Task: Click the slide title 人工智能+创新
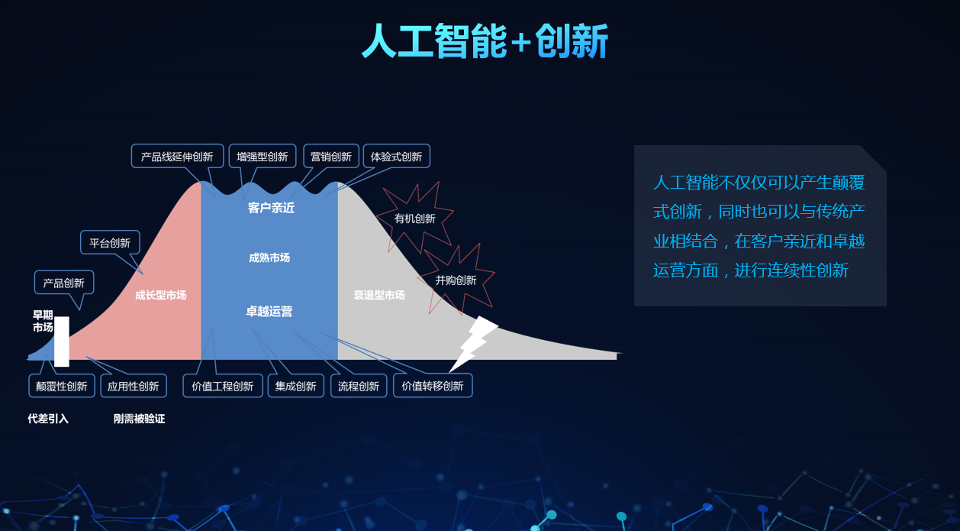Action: point(485,40)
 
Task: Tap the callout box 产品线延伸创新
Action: point(178,156)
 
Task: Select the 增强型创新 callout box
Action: point(263,156)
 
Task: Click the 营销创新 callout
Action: point(331,156)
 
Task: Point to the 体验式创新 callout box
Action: point(396,156)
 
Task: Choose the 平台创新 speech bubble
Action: point(110,243)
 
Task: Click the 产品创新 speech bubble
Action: point(64,283)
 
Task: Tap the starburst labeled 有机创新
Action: point(414,219)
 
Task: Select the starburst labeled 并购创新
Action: point(456,280)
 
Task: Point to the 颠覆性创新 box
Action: point(62,386)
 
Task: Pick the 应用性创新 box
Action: point(134,386)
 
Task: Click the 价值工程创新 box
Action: point(222,386)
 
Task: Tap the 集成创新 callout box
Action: point(296,386)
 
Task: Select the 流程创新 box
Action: point(359,386)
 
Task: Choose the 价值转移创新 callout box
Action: point(433,386)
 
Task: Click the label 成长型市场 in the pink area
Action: point(161,295)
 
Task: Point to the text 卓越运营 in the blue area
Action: point(269,311)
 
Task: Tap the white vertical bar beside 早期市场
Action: point(62,342)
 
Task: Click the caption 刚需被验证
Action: point(140,419)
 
